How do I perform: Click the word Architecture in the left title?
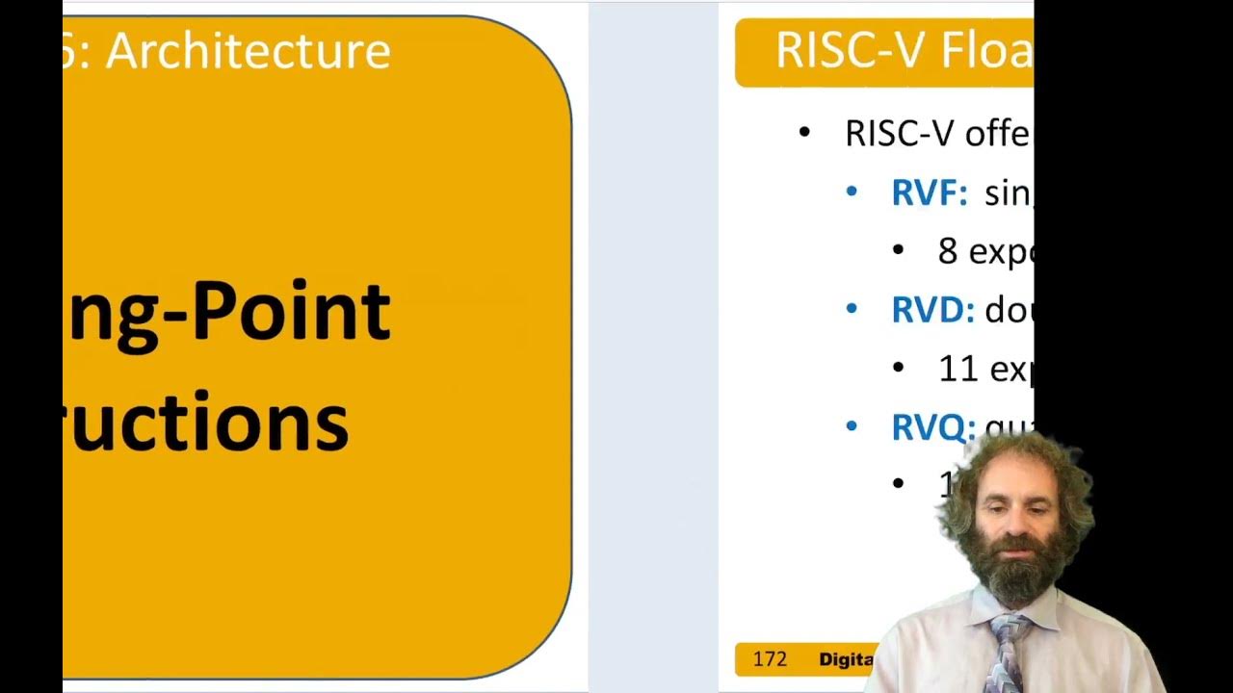click(x=248, y=50)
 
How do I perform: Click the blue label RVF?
click(x=929, y=193)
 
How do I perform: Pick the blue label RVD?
click(x=932, y=310)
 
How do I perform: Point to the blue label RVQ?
click(x=932, y=427)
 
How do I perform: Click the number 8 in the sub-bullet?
click(x=948, y=251)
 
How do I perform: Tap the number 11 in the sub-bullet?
click(x=958, y=369)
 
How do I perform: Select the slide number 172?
click(x=770, y=659)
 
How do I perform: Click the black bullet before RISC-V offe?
click(x=805, y=133)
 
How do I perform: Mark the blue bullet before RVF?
click(x=852, y=192)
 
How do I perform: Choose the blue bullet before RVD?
click(x=852, y=309)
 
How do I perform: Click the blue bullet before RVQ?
click(x=852, y=425)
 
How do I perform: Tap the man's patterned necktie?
click(x=1008, y=649)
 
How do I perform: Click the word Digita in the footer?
click(x=846, y=659)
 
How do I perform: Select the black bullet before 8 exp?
click(x=899, y=250)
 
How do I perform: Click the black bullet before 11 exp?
click(x=899, y=368)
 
